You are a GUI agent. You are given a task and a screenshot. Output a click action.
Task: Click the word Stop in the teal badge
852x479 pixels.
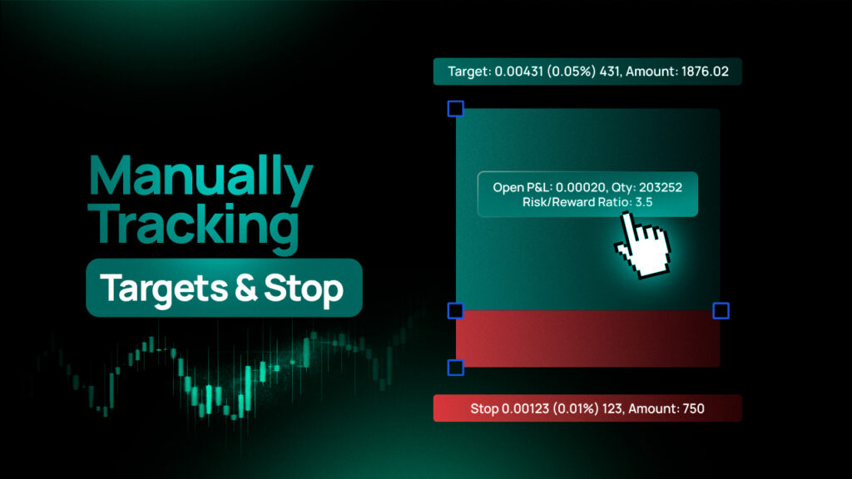(x=304, y=289)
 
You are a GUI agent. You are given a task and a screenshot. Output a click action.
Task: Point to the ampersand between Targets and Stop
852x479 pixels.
(x=246, y=287)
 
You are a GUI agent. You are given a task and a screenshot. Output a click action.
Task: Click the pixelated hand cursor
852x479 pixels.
(x=644, y=245)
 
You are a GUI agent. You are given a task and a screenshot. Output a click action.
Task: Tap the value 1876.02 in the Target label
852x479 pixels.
(x=705, y=72)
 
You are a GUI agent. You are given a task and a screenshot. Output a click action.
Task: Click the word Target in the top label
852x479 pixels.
(x=469, y=72)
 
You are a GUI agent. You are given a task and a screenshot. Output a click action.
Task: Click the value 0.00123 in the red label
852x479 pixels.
(x=525, y=408)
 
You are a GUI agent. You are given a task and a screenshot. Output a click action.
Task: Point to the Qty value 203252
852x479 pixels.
(x=660, y=187)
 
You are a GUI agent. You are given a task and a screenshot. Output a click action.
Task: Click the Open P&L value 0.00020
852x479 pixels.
(x=580, y=187)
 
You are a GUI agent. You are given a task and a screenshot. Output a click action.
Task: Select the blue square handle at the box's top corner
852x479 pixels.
(x=455, y=109)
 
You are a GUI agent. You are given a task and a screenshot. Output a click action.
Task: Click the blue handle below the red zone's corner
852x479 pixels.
(x=455, y=368)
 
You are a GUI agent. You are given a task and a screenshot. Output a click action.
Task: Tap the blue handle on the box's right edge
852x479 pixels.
(x=721, y=311)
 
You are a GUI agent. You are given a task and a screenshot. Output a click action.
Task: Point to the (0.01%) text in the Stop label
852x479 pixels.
(x=576, y=408)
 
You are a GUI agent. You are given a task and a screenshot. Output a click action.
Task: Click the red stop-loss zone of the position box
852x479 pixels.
(x=588, y=339)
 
